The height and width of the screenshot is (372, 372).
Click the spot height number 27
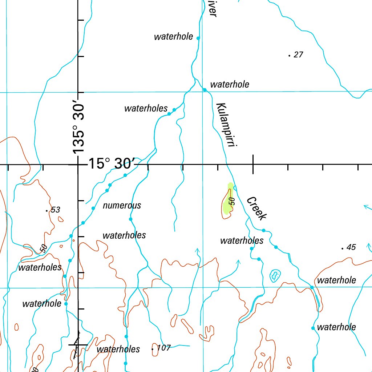(298, 55)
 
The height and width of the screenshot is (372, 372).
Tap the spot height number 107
(163, 348)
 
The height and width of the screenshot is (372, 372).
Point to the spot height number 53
(56, 210)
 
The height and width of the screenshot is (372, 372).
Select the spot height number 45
(351, 247)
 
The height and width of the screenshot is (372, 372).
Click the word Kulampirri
(226, 125)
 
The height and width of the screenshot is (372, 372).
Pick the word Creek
(256, 208)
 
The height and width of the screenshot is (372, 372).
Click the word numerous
(122, 205)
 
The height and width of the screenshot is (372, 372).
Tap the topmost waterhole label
(173, 37)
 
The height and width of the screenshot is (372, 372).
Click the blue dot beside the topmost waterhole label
(198, 38)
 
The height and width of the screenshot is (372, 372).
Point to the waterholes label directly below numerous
(124, 235)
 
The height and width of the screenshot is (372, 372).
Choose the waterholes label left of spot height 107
(118, 349)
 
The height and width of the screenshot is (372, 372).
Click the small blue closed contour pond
(275, 276)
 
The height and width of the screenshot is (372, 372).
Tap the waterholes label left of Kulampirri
(146, 108)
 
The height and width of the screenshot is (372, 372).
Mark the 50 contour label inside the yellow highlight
(231, 201)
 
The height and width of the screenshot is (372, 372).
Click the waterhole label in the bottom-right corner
(336, 327)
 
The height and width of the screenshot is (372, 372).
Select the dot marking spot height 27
(289, 56)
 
